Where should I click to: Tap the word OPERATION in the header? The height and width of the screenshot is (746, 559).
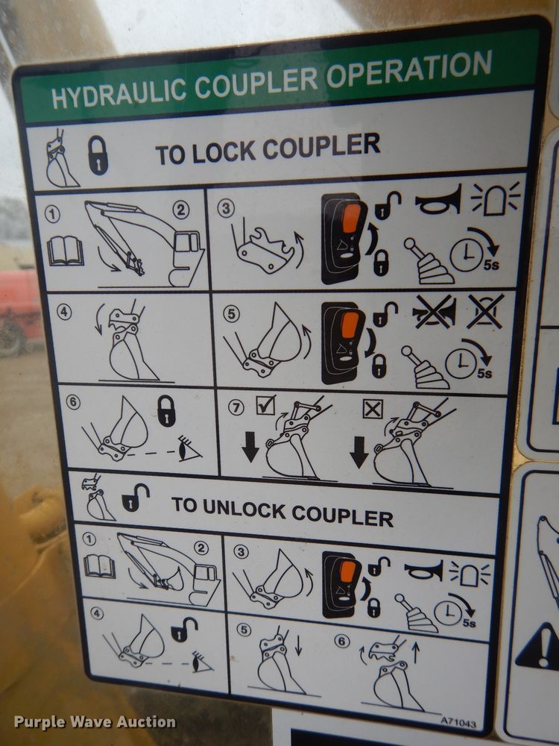pyautogui.click(x=408, y=69)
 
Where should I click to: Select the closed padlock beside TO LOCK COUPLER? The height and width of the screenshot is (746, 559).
pyautogui.click(x=98, y=155)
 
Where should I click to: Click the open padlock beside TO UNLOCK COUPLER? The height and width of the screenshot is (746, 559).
pyautogui.click(x=135, y=498)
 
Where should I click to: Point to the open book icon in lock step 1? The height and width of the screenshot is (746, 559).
pyautogui.click(x=66, y=251)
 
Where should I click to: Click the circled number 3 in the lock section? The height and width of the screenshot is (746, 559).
pyautogui.click(x=226, y=208)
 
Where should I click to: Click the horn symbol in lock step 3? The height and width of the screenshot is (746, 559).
pyautogui.click(x=438, y=200)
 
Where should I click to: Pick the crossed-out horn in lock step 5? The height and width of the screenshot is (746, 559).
pyautogui.click(x=434, y=312)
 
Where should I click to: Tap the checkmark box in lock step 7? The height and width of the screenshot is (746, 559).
pyautogui.click(x=265, y=405)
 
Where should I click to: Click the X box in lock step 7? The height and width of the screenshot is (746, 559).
pyautogui.click(x=373, y=409)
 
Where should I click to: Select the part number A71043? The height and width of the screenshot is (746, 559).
pyautogui.click(x=458, y=722)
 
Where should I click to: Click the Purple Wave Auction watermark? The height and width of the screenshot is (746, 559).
pyautogui.click(x=95, y=721)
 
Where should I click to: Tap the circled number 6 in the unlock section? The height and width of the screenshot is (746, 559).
pyautogui.click(x=341, y=641)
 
